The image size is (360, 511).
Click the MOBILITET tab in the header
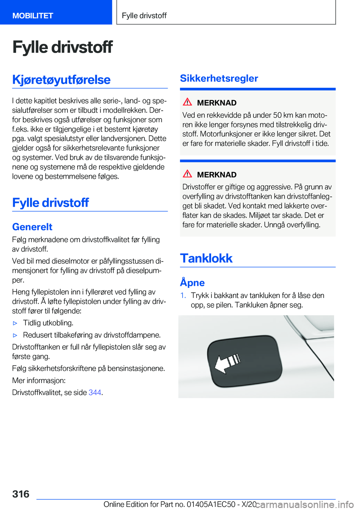[x=33, y=16]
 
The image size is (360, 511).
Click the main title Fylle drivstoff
[x=62, y=47]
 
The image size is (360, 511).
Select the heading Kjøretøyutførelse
[x=61, y=80]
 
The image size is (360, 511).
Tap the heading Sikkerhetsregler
[x=219, y=78]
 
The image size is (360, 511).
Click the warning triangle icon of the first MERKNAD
[x=187, y=102]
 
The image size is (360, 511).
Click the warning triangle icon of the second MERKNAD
[x=187, y=174]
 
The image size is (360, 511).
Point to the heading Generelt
[x=32, y=227]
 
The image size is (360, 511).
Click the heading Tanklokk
[x=206, y=258]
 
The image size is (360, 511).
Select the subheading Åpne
[x=192, y=283]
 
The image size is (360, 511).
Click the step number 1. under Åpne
[x=183, y=296]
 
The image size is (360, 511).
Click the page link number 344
[x=95, y=392]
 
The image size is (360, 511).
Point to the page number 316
[x=21, y=494]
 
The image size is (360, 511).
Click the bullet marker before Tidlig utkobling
[x=15, y=323]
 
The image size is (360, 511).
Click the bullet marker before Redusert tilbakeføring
[x=15, y=335]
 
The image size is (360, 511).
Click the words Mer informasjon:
[x=39, y=380]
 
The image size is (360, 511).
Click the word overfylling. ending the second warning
[x=303, y=225]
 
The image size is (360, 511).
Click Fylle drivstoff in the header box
[x=144, y=16]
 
